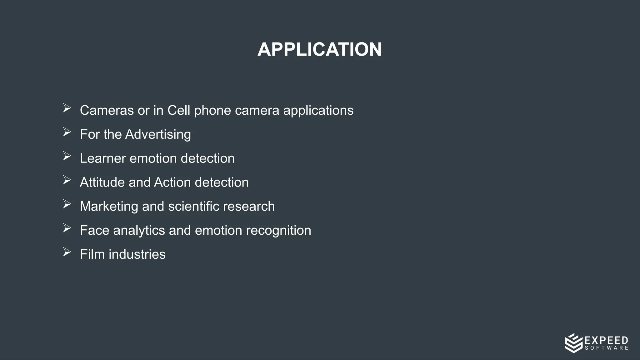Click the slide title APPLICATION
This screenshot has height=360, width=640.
click(319, 49)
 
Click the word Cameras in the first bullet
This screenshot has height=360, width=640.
click(107, 110)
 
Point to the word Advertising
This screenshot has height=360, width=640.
click(158, 135)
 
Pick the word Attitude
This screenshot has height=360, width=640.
click(102, 182)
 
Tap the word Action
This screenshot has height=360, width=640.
click(172, 182)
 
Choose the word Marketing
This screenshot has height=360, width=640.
click(109, 207)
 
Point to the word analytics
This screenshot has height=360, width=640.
click(139, 231)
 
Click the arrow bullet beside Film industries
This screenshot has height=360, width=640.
click(67, 252)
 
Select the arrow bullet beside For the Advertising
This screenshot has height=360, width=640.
click(67, 132)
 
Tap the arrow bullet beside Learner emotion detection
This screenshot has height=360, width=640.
click(67, 156)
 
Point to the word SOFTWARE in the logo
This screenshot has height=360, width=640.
click(606, 348)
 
